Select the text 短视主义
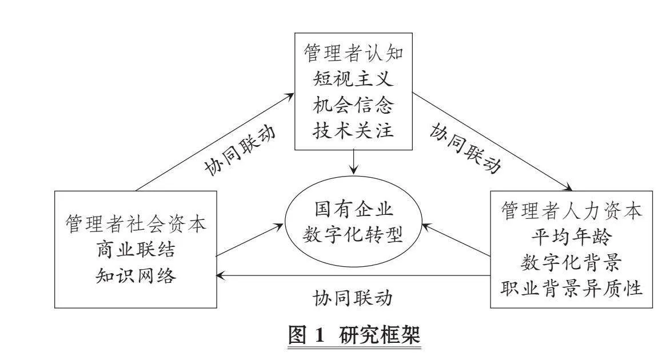click(x=353, y=79)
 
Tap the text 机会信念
click(x=353, y=105)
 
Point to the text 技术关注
click(x=353, y=130)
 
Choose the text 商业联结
click(x=135, y=250)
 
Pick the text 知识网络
click(x=135, y=275)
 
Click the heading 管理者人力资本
click(x=571, y=211)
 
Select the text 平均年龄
click(x=571, y=237)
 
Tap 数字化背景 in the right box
click(x=571, y=263)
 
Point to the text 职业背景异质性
click(x=571, y=289)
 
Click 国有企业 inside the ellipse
click(x=353, y=209)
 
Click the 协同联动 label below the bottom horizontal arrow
click(x=353, y=298)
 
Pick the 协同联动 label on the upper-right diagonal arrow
click(x=465, y=148)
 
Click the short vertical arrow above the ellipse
click(x=353, y=162)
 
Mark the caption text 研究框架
click(x=380, y=334)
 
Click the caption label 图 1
click(x=306, y=334)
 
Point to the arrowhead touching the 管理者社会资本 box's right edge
click(x=220, y=275)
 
